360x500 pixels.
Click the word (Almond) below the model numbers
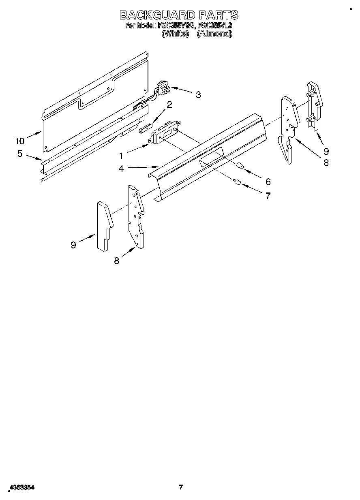click(x=214, y=34)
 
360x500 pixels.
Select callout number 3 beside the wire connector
click(x=198, y=95)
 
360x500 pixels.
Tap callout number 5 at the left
click(x=20, y=154)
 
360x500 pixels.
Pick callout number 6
click(x=268, y=182)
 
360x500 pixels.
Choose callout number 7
click(x=268, y=196)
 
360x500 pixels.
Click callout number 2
click(x=169, y=105)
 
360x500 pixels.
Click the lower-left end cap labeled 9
click(x=104, y=225)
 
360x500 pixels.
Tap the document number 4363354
click(x=21, y=488)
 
